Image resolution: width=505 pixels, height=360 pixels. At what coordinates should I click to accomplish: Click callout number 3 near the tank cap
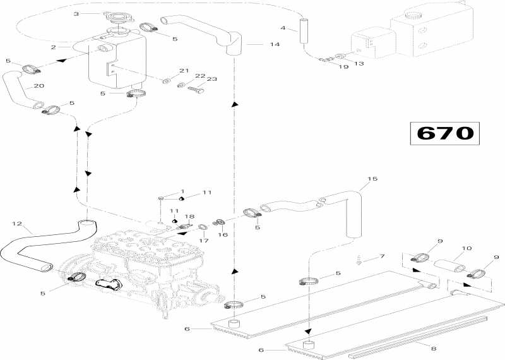click(76, 13)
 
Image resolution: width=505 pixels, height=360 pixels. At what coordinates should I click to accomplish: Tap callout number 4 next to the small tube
click(283, 28)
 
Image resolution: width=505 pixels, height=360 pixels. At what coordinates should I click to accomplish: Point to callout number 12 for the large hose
click(17, 222)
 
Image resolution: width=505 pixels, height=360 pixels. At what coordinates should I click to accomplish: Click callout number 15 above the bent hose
click(372, 179)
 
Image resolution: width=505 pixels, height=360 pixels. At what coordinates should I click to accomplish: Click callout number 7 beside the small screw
click(381, 256)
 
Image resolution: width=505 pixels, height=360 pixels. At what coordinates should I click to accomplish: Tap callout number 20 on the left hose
click(39, 86)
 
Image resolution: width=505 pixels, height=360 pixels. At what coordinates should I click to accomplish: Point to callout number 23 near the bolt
click(211, 80)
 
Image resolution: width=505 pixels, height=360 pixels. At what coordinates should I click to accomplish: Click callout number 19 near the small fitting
click(344, 66)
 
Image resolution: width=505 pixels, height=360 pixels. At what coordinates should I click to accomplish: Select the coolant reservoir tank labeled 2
click(117, 60)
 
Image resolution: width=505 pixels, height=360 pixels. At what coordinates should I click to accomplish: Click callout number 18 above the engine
click(189, 217)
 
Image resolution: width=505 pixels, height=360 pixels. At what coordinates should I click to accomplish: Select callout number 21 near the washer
click(184, 70)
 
